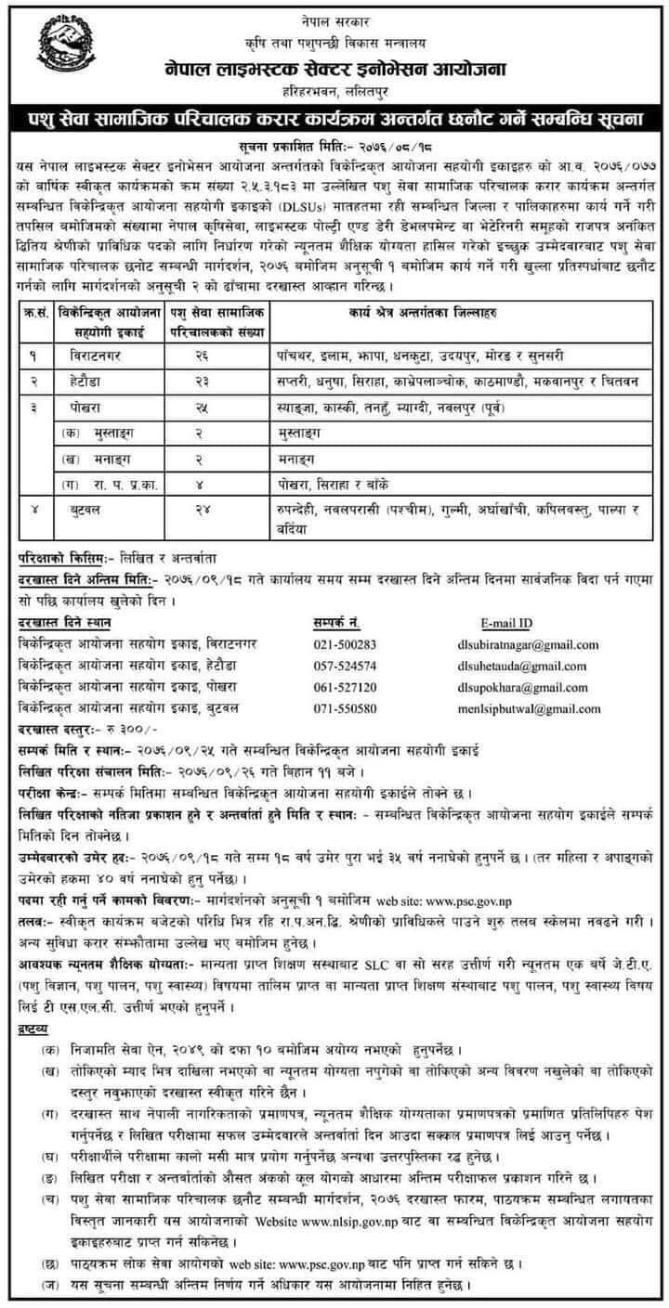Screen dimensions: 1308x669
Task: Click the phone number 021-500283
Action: click(x=345, y=643)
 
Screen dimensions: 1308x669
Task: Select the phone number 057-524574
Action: click(x=345, y=665)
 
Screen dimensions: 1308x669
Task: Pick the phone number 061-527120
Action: click(x=345, y=687)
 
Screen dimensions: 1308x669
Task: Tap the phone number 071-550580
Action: click(x=345, y=708)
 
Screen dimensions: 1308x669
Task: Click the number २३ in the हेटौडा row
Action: click(x=203, y=382)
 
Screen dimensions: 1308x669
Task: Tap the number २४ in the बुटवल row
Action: click(x=203, y=509)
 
